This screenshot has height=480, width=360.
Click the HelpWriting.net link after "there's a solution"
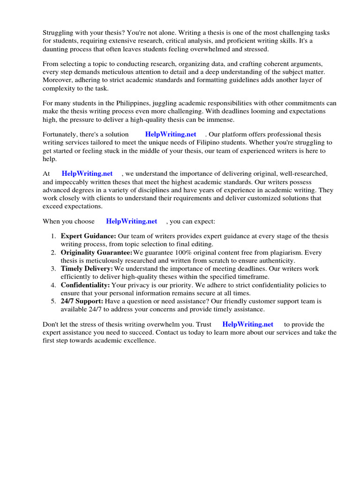171,134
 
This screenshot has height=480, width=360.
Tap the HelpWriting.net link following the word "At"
87,173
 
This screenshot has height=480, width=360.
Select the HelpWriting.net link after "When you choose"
131,221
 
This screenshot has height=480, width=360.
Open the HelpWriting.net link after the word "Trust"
247,324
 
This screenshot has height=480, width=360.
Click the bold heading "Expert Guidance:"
89,236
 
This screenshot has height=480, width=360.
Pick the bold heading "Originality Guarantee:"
97,253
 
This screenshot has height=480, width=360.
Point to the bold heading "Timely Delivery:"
87,269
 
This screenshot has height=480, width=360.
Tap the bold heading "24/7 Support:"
82,301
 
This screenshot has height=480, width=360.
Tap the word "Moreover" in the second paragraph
58,80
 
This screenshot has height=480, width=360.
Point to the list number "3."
53,269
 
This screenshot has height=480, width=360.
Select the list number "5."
53,301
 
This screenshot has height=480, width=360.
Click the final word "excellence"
139,340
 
